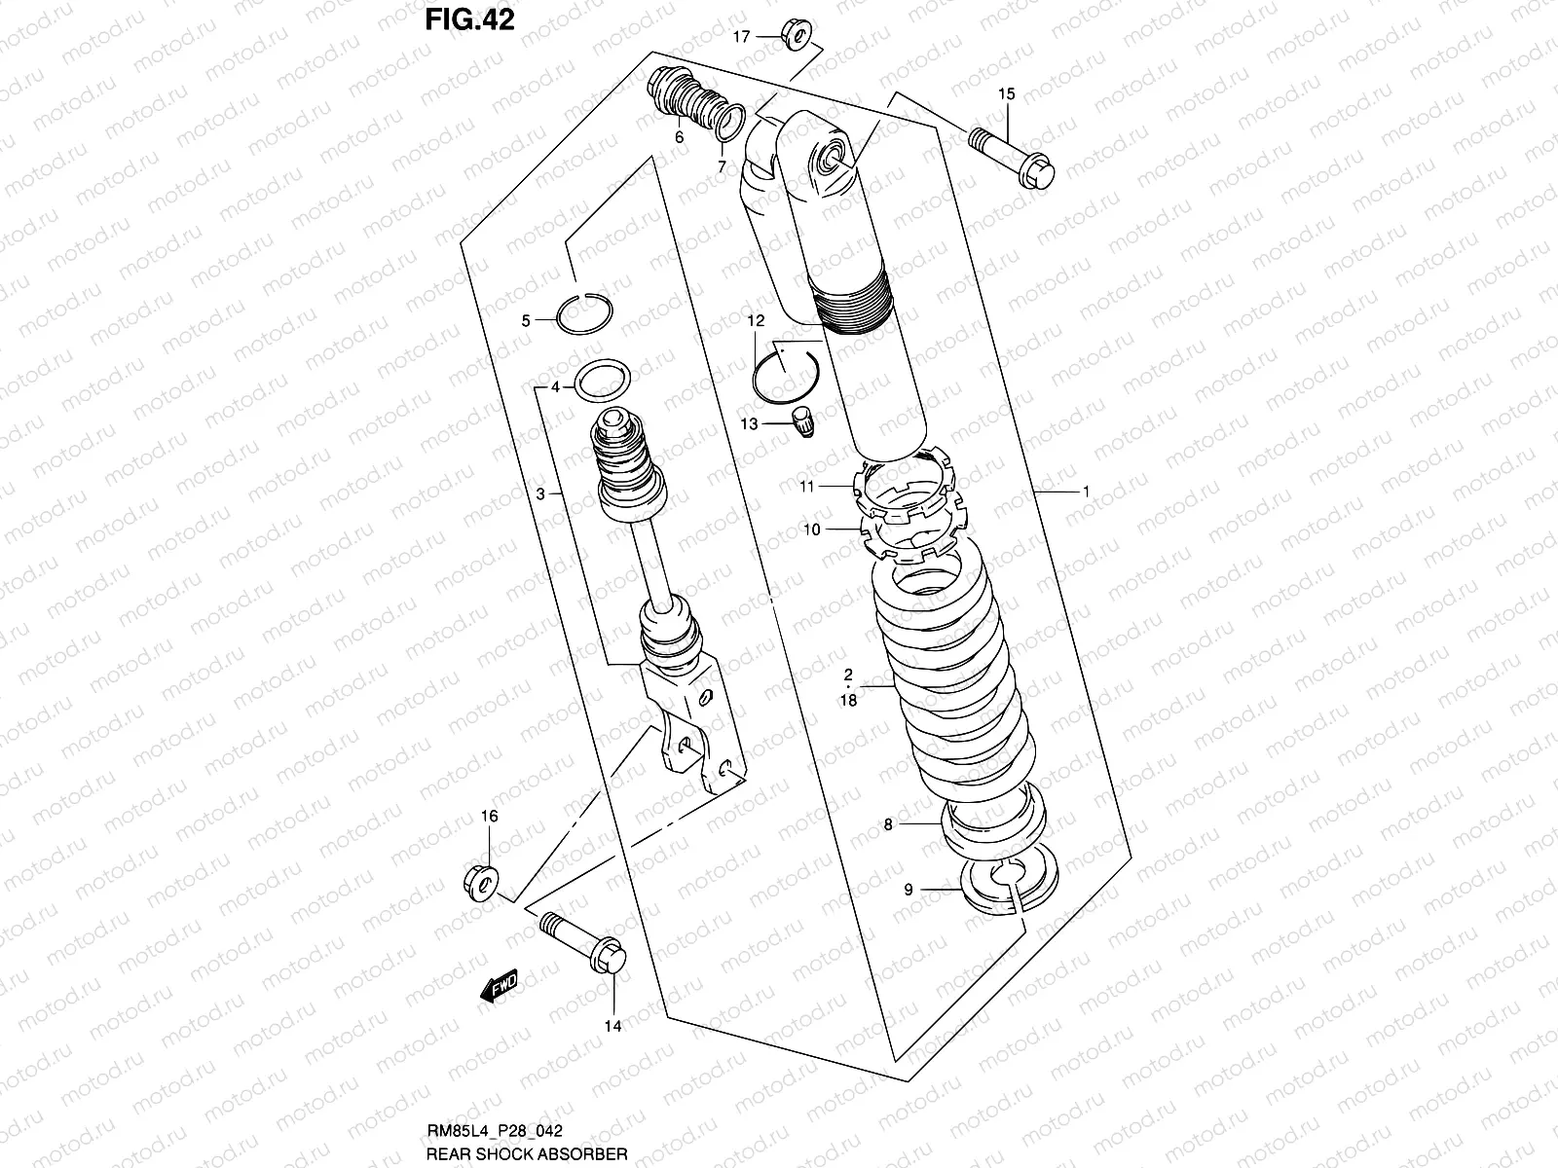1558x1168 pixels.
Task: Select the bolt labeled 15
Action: tap(1013, 159)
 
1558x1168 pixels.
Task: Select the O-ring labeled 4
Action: tap(602, 380)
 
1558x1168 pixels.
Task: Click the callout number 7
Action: tap(722, 167)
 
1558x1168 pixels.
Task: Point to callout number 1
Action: tap(1085, 492)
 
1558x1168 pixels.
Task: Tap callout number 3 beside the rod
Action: tap(540, 494)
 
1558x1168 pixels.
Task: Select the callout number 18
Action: tap(848, 701)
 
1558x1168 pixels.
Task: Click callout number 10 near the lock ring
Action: tap(811, 529)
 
